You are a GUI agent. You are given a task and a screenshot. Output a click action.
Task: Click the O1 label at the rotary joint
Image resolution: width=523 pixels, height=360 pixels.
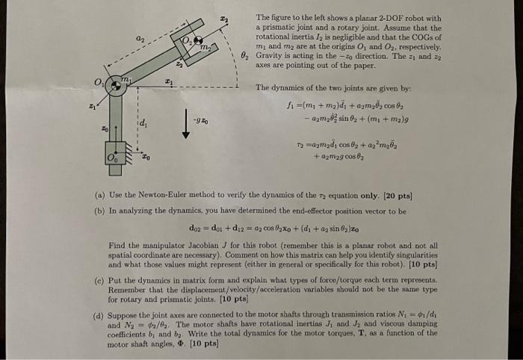(98, 81)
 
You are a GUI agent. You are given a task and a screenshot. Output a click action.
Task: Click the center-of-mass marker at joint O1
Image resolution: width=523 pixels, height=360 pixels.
(115, 87)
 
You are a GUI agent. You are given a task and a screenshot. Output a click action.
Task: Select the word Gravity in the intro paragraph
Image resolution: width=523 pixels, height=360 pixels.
(270, 56)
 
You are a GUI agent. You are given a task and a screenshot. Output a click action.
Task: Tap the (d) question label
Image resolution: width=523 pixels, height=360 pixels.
(99, 316)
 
